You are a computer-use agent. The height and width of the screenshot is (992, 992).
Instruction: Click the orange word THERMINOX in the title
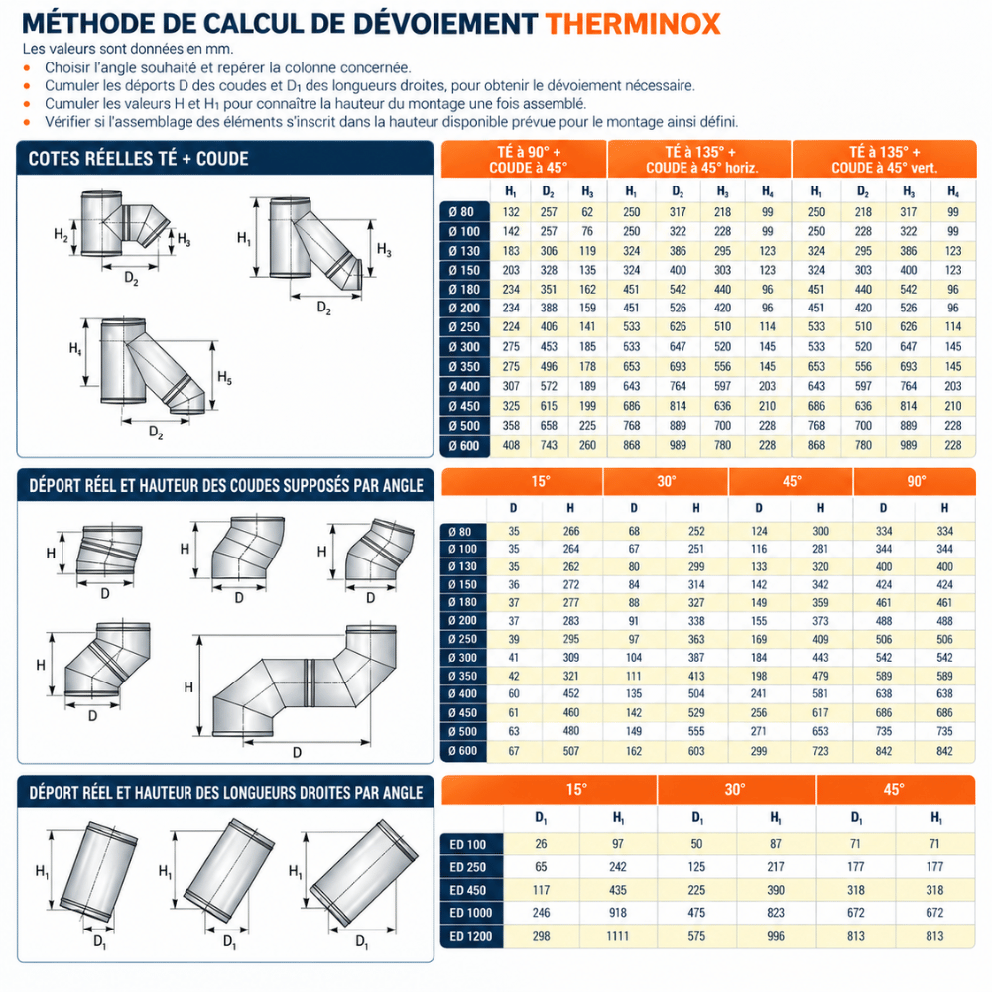pos(633,24)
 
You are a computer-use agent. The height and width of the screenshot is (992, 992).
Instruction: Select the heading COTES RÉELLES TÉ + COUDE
pos(138,158)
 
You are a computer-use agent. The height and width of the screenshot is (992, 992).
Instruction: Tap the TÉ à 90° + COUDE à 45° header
pos(529,160)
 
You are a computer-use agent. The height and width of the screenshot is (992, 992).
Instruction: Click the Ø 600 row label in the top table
pos(465,446)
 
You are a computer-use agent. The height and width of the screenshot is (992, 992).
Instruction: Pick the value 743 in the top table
pos(549,445)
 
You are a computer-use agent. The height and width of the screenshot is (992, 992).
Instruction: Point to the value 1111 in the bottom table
pos(617,936)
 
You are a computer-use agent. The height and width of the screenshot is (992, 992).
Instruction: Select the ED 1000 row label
pos(470,913)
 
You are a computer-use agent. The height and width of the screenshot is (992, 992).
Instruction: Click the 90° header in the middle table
pos(916,481)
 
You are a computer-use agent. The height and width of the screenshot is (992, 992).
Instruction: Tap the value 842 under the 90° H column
pos(944,751)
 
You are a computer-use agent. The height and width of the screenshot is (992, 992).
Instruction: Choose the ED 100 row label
pos(467,844)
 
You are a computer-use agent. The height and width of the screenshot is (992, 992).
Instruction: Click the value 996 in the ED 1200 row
pos(776,936)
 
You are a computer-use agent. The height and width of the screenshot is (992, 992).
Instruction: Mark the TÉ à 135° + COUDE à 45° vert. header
pos(885,160)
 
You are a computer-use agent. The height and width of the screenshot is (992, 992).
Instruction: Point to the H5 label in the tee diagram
pos(224,378)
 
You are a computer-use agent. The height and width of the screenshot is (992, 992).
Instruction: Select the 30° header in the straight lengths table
pos(735,790)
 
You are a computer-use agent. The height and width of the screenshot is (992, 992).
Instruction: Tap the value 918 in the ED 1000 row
pos(617,913)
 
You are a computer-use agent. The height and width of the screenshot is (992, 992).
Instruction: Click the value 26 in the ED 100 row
pos(541,844)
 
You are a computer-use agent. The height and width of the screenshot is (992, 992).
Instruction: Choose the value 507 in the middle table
pos(570,751)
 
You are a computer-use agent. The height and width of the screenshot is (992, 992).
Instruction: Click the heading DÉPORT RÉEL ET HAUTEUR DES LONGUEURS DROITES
pos(226,792)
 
